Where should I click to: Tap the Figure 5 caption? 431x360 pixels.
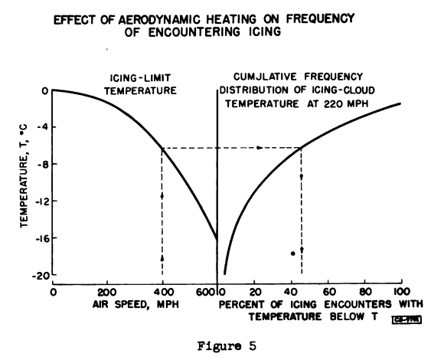pyautogui.click(x=219, y=344)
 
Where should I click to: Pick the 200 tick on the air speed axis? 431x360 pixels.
pyautogui.click(x=107, y=292)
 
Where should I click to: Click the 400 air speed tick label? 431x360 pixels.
pyautogui.click(x=162, y=292)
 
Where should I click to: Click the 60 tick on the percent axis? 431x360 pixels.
pyautogui.click(x=328, y=292)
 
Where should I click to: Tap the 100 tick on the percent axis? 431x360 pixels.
pyautogui.click(x=400, y=292)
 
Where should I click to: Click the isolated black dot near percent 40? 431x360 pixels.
pyautogui.click(x=292, y=254)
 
